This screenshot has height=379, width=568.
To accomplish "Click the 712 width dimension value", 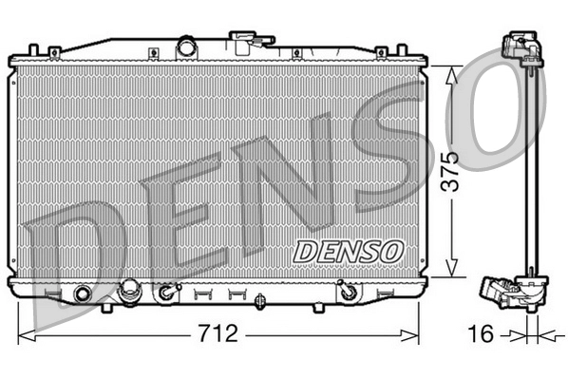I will [x=218, y=335].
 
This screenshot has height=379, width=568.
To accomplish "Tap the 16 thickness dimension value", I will [x=483, y=335].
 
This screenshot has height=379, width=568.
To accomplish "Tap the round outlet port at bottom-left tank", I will [x=83, y=293].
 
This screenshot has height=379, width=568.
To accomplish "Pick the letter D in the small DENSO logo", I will [x=302, y=251].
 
